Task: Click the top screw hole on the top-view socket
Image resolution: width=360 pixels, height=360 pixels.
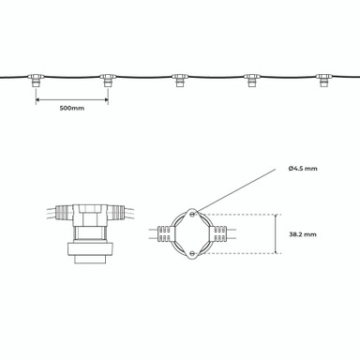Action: click(194, 212)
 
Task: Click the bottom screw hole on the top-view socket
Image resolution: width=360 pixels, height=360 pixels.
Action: click(194, 250)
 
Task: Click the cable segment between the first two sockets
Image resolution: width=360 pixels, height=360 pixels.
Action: click(72, 76)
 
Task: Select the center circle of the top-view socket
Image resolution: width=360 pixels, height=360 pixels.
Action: click(194, 232)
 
